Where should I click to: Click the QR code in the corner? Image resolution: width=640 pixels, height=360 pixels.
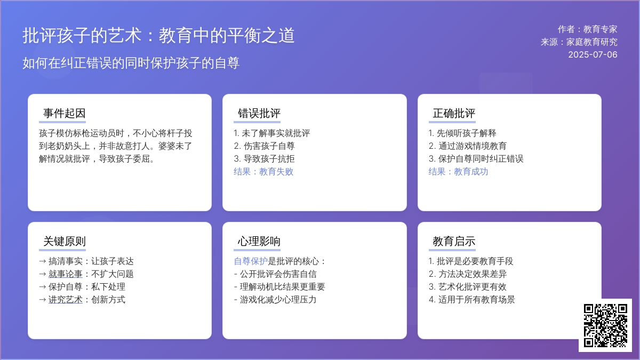click(x=605, y=325)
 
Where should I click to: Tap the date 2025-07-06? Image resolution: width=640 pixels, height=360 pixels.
click(x=593, y=54)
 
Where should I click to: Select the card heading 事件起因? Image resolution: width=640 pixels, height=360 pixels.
click(x=65, y=113)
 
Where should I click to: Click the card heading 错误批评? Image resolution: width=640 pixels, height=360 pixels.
click(x=259, y=113)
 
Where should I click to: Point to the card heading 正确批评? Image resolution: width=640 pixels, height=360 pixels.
click(x=454, y=113)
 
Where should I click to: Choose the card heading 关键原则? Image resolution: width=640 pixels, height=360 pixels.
click(x=65, y=241)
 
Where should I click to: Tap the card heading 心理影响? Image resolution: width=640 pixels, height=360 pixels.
click(x=259, y=241)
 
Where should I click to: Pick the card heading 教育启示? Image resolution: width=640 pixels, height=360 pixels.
click(x=454, y=241)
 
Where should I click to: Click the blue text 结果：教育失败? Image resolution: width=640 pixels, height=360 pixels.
click(x=263, y=171)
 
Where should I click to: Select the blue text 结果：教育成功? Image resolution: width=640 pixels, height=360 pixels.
click(x=458, y=171)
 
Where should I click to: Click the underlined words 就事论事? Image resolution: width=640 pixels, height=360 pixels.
click(x=66, y=274)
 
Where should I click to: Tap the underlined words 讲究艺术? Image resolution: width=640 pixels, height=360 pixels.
click(x=66, y=299)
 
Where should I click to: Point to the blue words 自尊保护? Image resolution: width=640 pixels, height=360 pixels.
click(x=251, y=261)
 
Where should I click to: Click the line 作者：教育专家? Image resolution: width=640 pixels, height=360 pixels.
click(x=587, y=29)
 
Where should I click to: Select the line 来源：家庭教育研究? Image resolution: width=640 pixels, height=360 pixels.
click(x=579, y=42)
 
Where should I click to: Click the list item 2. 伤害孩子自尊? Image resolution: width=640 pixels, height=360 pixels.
click(x=265, y=146)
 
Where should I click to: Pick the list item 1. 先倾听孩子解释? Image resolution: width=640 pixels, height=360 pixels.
click(x=462, y=133)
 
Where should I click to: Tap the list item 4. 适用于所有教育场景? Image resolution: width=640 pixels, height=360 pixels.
click(x=471, y=299)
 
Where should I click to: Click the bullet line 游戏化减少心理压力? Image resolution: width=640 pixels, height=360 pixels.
click(x=275, y=299)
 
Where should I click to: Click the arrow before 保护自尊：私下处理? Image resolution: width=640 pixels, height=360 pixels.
click(x=43, y=287)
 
